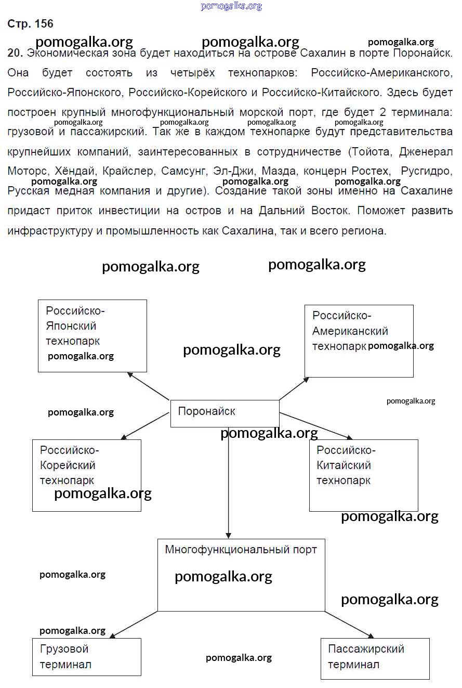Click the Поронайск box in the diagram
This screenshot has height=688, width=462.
tap(225, 413)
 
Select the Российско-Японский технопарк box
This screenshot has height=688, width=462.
tap(92, 335)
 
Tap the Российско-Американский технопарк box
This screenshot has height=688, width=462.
tap(359, 341)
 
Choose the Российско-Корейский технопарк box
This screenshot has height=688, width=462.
tap(86, 475)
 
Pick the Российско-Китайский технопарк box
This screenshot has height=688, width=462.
tap(363, 475)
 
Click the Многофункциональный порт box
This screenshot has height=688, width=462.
tap(241, 574)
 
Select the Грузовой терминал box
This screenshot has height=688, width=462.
tap(86, 657)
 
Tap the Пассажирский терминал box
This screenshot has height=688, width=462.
tap(375, 658)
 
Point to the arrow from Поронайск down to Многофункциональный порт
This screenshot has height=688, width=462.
tap(229, 484)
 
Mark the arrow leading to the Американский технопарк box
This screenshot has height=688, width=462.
tap(294, 388)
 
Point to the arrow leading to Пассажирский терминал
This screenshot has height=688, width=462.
tap(349, 624)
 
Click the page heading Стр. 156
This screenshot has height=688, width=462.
tap(30, 24)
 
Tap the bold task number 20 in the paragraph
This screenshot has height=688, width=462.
tap(15, 53)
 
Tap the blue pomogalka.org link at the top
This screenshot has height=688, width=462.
tap(231, 6)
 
